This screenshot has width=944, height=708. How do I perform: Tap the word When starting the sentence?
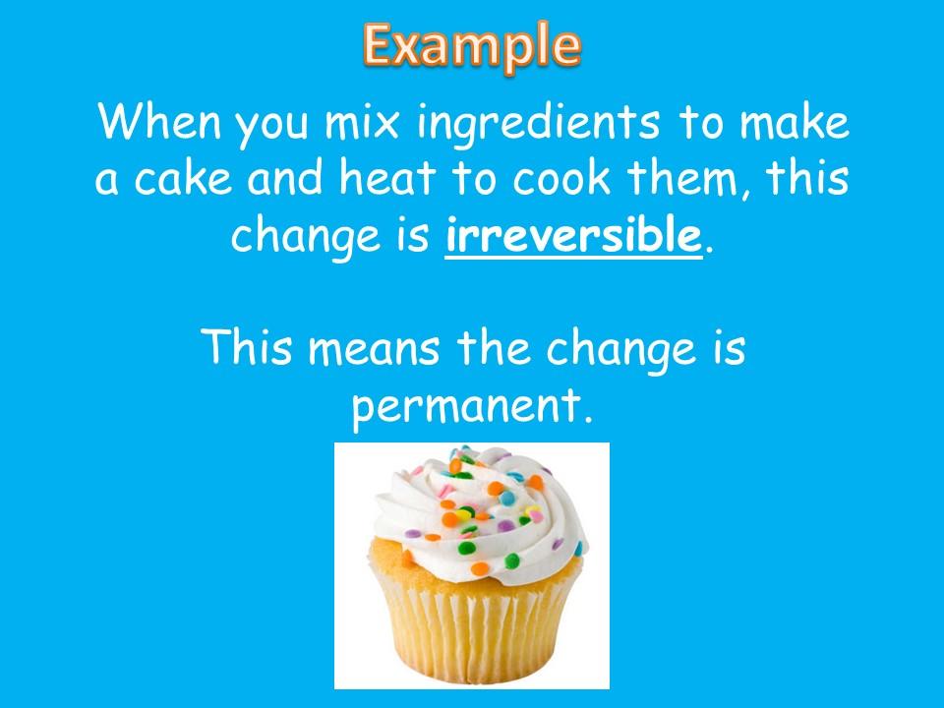[x=159, y=122]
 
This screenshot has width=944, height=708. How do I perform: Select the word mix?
[x=362, y=122]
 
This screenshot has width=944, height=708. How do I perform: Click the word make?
[x=795, y=122]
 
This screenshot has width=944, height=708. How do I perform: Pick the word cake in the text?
[x=183, y=178]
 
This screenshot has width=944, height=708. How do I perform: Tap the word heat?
[x=386, y=178]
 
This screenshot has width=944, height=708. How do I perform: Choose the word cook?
[x=561, y=178]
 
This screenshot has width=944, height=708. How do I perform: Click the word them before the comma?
[x=682, y=178]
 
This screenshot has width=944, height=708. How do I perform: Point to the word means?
[x=374, y=348]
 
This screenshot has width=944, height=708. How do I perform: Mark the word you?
[x=272, y=127]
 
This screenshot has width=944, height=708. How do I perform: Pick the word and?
[x=285, y=178]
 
